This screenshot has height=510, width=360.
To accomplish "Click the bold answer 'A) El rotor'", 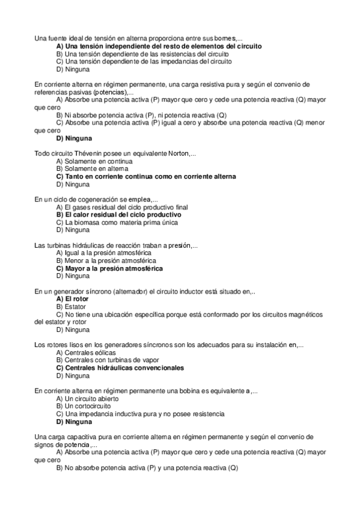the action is click(x=72, y=299).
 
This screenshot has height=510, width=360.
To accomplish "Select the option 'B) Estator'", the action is click(x=72, y=307).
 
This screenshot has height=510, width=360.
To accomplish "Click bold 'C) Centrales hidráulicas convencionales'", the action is click(x=120, y=368).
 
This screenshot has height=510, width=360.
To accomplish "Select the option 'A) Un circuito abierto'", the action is click(x=87, y=399).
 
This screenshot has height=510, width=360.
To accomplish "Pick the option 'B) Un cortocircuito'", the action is click(x=83, y=407).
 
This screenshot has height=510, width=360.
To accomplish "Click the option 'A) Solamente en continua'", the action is click(x=94, y=161).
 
